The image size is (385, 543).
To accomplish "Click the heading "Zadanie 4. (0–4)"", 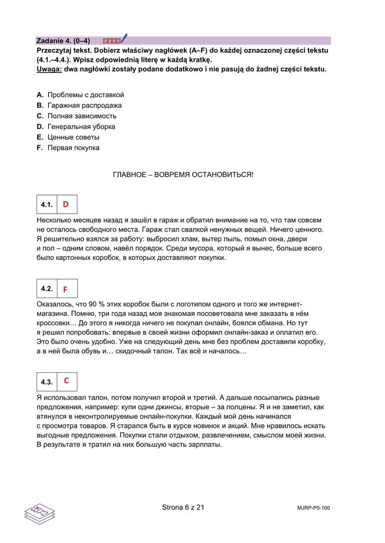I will click(63, 41).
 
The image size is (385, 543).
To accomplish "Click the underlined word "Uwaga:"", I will click(49, 69).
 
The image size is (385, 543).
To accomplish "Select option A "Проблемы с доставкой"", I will click(85, 95).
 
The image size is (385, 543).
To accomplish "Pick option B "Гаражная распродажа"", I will click(84, 105).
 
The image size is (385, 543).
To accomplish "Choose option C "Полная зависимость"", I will click(81, 116).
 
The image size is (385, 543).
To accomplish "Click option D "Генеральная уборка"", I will click(81, 126).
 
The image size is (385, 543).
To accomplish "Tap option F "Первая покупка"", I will click(73, 148).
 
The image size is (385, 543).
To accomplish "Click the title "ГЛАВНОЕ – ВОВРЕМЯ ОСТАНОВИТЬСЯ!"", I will click(183, 174).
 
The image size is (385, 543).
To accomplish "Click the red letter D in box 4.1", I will click(66, 204).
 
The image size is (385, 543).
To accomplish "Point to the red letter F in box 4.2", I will click(66, 289).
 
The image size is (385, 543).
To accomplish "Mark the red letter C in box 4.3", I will click(67, 381).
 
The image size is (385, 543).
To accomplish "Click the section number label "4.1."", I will click(47, 205).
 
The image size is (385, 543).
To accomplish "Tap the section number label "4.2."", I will click(47, 289).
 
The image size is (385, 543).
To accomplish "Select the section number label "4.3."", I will click(47, 382).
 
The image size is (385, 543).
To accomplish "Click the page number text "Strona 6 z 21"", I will click(183, 508).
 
